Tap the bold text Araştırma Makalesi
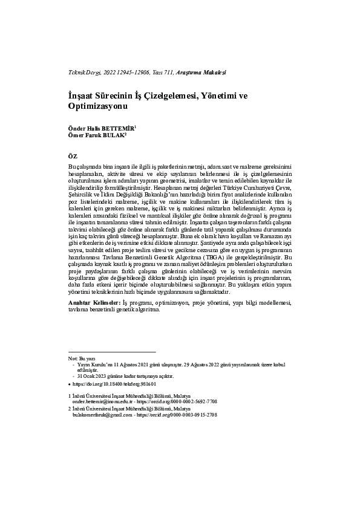point(201,72)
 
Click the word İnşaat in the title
point(84,96)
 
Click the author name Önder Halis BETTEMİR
point(102,128)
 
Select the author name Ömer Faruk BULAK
point(97,135)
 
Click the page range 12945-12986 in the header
point(134,72)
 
